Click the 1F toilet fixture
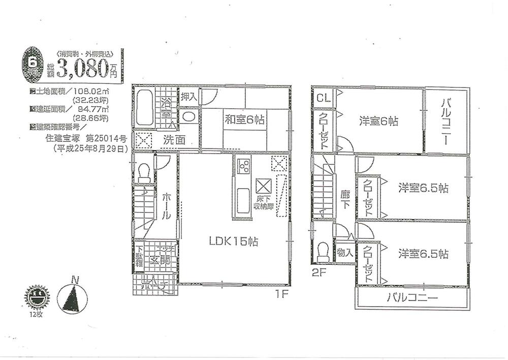144,173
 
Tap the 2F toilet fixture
322,251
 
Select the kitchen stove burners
243,166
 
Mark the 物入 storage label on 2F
345,252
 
